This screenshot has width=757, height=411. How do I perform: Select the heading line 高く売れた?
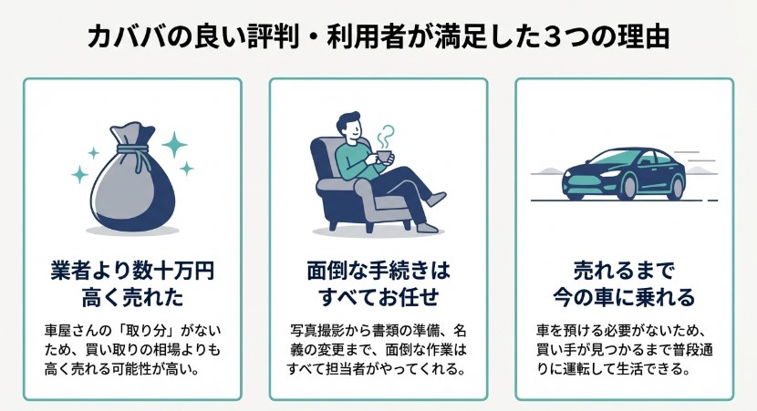pos(131,297)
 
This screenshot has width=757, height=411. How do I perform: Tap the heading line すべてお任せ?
pos(378,297)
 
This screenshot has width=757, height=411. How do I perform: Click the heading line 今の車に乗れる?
pos(624,297)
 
